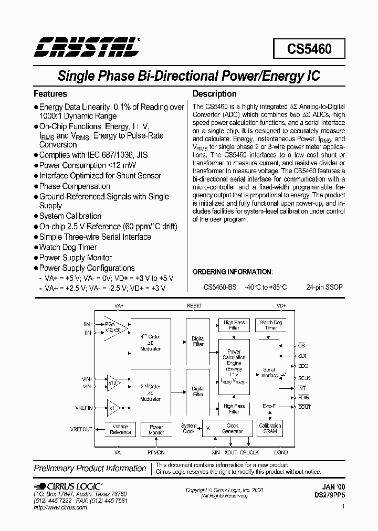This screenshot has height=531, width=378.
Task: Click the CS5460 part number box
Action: (309, 49)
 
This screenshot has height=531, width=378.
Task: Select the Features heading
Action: (50, 94)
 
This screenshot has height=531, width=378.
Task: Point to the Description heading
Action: (215, 94)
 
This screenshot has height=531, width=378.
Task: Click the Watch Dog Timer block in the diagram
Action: (271, 325)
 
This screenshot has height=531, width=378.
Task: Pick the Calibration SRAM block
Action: (270, 428)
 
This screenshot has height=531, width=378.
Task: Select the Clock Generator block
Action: (233, 428)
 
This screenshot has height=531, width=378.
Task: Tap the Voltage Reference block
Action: (121, 429)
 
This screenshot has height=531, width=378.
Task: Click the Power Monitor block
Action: (156, 429)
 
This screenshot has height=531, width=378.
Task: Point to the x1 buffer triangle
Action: (112, 407)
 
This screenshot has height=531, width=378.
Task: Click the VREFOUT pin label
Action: (81, 429)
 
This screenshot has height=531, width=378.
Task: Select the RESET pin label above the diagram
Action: (194, 305)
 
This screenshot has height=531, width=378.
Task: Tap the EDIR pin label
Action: (303, 397)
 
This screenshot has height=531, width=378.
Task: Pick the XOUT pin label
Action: (231, 452)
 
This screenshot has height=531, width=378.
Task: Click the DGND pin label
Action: (281, 452)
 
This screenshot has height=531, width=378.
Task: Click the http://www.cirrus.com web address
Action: (60, 508)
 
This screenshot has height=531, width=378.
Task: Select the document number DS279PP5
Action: (329, 495)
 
